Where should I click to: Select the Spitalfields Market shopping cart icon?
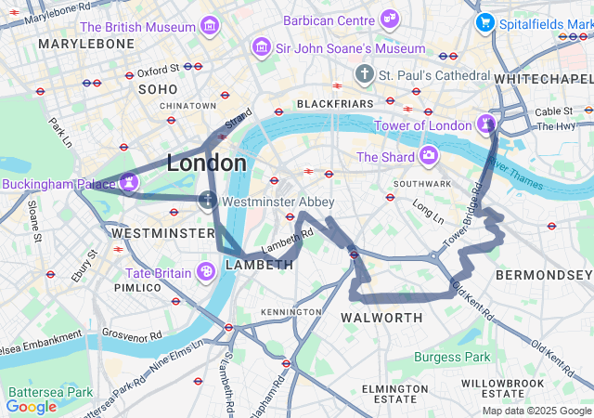(484, 22)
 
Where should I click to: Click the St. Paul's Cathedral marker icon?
(366, 73)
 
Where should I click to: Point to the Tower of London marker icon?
(487, 124)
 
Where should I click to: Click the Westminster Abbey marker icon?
(208, 200)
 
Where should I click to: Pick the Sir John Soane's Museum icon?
(262, 46)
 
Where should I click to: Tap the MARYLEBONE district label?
(74, 44)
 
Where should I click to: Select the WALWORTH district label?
(381, 318)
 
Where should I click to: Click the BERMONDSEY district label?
(543, 275)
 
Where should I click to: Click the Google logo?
(32, 406)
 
